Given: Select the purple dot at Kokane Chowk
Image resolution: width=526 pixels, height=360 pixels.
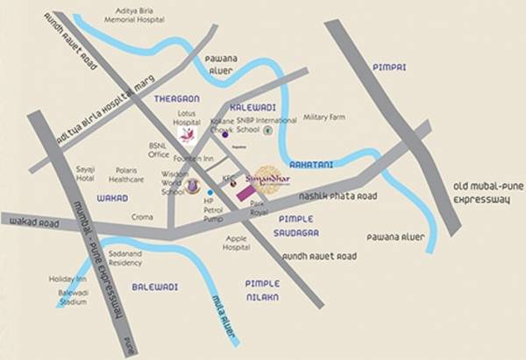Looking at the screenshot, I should (225, 135).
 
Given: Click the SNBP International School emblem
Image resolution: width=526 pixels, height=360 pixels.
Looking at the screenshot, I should (268, 130).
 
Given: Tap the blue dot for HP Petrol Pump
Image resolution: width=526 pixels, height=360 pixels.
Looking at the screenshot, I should (211, 191).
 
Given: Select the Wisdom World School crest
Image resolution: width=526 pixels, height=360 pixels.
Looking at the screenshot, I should (192, 186).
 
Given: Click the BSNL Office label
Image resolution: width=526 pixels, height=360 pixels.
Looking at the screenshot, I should (159, 150).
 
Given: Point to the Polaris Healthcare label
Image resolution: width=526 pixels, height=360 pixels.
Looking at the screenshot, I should (127, 174).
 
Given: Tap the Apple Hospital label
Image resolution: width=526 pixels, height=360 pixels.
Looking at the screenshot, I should (237, 243).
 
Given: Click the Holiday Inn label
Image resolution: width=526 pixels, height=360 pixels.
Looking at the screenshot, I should (67, 279).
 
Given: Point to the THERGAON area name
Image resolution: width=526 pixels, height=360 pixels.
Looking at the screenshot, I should (172, 99).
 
